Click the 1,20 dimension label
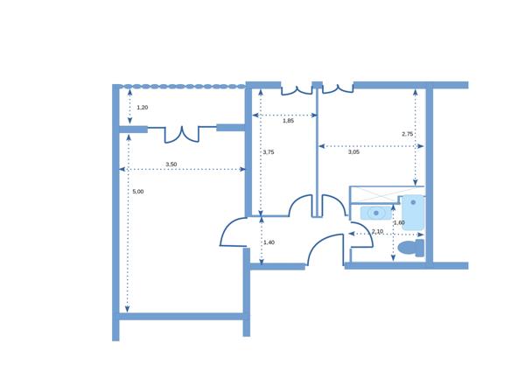(143, 107)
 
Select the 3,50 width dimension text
(171, 165)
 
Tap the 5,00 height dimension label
(137, 191)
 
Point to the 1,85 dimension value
(288, 121)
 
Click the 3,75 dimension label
(269, 152)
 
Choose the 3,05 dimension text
(353, 152)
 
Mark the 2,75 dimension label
(407, 134)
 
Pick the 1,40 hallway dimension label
(269, 242)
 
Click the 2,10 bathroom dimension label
(377, 231)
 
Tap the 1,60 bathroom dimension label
(399, 223)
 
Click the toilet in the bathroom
(410, 248)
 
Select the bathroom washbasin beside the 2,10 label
(375, 213)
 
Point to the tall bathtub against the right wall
(413, 213)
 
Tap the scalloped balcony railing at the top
(183, 87)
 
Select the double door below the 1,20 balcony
(182, 133)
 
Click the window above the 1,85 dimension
(297, 88)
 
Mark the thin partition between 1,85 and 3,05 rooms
(317, 140)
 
